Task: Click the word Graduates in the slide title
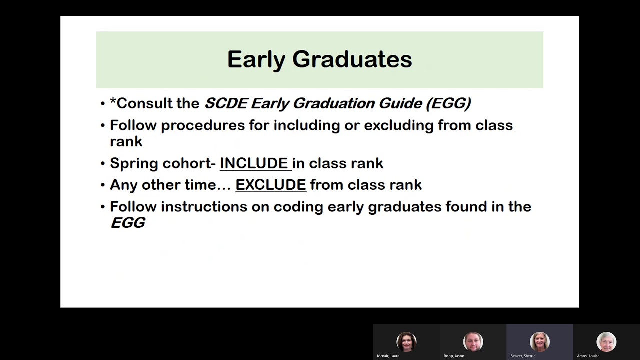pos(352,60)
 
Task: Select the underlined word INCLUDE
pos(254,163)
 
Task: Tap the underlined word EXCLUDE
pos(270,185)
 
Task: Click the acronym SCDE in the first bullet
pos(226,103)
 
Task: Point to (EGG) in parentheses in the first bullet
pos(448,103)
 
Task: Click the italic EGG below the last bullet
pos(128,223)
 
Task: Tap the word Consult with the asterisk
pos(154,103)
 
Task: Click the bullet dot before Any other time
pos(103,185)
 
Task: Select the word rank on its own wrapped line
pos(126,141)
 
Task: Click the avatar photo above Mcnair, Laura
pos(406,342)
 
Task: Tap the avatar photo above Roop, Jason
pos(473,342)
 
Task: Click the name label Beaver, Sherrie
pos(523,356)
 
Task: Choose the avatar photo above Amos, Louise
pos(606,342)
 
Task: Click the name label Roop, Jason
pos(454,356)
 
